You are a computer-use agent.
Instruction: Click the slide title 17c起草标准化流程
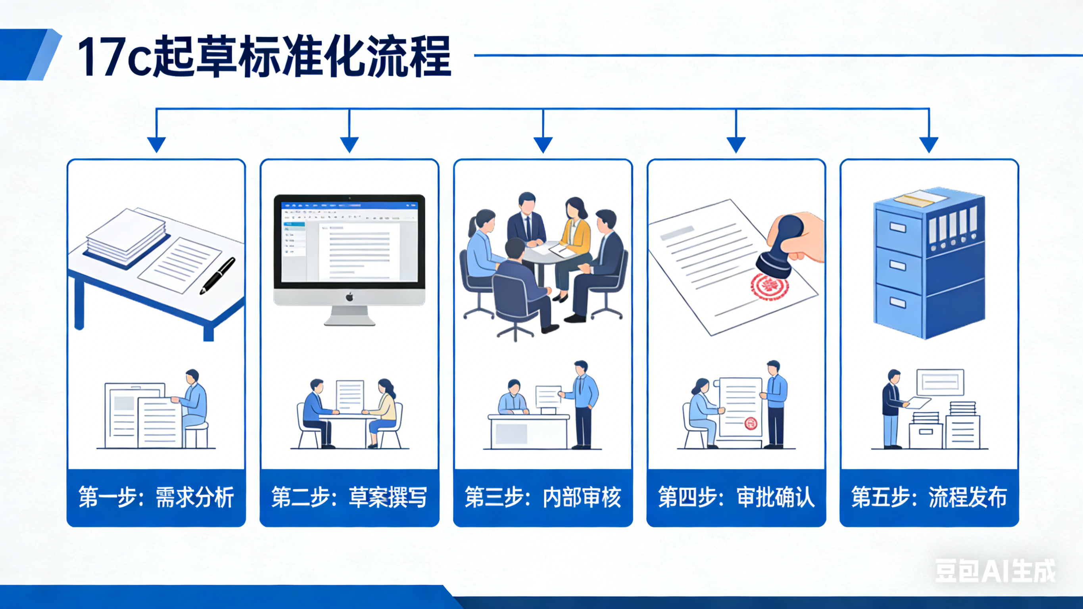(x=264, y=56)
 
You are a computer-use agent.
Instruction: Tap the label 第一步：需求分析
(x=156, y=497)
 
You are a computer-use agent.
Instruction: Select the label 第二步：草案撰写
(x=349, y=497)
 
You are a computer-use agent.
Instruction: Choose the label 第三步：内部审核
(x=543, y=497)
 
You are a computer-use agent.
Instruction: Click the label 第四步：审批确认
(x=736, y=497)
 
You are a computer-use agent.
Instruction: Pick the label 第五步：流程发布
(x=929, y=497)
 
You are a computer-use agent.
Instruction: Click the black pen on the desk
(x=217, y=275)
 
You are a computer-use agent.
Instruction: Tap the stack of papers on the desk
(x=126, y=236)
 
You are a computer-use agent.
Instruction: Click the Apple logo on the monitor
(x=349, y=297)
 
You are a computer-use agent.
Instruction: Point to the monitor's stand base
(x=349, y=321)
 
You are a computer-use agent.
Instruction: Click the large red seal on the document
(x=769, y=286)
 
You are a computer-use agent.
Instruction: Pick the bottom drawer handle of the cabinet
(x=898, y=302)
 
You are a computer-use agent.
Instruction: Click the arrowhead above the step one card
(x=156, y=145)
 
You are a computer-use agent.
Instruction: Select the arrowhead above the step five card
(x=929, y=145)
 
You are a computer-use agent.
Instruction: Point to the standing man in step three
(x=583, y=404)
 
